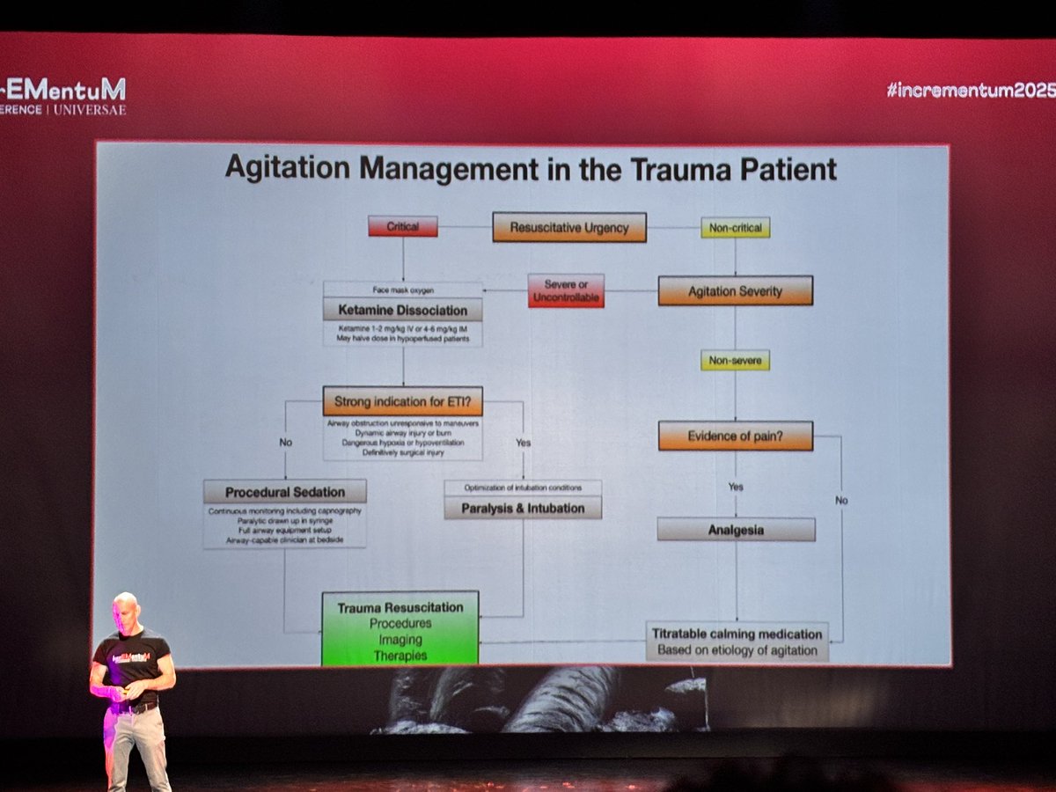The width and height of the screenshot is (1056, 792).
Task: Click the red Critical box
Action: tap(402, 226)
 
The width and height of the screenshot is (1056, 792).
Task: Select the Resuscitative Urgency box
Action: tap(569, 227)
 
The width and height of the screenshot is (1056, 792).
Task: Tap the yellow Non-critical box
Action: tap(736, 227)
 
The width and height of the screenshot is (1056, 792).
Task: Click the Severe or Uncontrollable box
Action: tap(566, 291)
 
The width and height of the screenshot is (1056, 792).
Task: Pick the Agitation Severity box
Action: tap(735, 291)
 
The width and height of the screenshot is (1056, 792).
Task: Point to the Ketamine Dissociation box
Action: tap(402, 310)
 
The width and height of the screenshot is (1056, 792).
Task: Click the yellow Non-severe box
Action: tap(736, 360)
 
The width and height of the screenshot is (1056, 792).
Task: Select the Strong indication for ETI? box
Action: tap(403, 401)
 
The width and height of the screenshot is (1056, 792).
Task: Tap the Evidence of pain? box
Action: tap(736, 436)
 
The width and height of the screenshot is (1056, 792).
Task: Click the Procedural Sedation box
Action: tap(285, 491)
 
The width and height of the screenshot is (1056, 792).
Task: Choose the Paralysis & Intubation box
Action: tap(523, 507)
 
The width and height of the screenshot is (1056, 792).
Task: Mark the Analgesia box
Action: tap(736, 530)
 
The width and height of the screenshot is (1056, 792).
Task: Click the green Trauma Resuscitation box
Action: tap(400, 627)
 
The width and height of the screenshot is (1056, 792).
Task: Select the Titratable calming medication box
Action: tap(736, 642)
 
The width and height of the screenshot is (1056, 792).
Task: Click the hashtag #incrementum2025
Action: tap(971, 89)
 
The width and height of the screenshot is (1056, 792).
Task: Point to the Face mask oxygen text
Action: tap(402, 289)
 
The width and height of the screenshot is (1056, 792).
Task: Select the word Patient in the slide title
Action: tap(783, 168)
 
